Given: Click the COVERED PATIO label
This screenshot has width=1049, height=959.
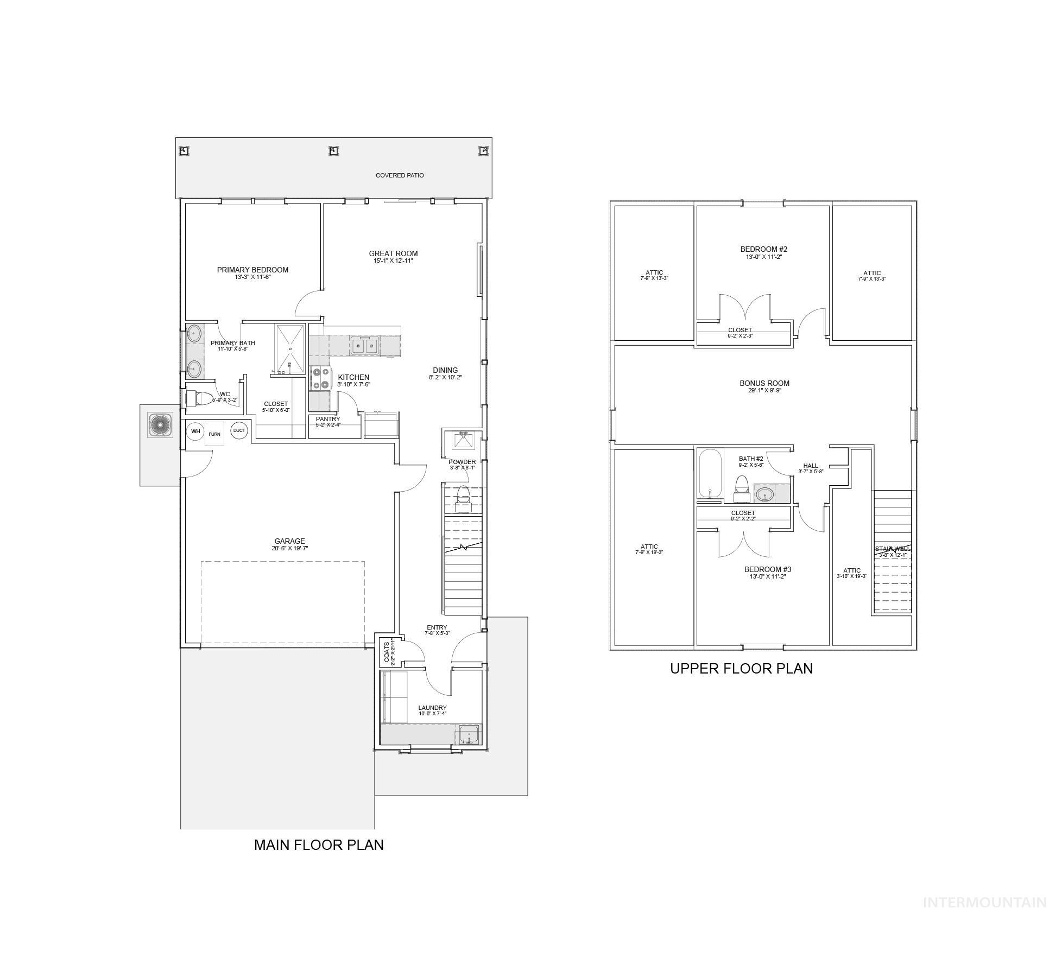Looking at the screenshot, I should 400,175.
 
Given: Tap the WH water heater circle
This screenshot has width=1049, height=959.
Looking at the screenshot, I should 195,431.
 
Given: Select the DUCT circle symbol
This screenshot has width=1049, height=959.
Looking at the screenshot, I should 239,430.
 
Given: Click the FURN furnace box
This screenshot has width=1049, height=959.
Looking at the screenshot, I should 214,434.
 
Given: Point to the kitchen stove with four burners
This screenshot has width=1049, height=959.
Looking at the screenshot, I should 320,378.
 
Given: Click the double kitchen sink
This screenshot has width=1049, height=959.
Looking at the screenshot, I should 365,346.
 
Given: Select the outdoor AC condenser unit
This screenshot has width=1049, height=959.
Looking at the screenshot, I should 160,425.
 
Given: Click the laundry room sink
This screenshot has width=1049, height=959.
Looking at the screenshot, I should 469,735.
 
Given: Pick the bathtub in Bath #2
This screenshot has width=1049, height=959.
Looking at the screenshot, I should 710,474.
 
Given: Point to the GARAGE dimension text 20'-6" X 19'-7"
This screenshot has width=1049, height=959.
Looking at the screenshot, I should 289,548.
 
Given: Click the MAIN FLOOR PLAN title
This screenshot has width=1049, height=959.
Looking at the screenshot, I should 319,844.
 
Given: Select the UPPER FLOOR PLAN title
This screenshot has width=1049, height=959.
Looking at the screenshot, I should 741,668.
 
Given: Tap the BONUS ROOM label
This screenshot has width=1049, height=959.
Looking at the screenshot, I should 764,383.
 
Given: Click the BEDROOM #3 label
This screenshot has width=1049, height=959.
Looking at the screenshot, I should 767,569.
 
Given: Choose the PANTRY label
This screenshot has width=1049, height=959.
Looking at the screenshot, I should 328,419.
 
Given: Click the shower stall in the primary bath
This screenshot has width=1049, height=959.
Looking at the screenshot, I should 290,349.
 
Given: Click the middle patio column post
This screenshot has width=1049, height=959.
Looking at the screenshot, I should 333,151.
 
